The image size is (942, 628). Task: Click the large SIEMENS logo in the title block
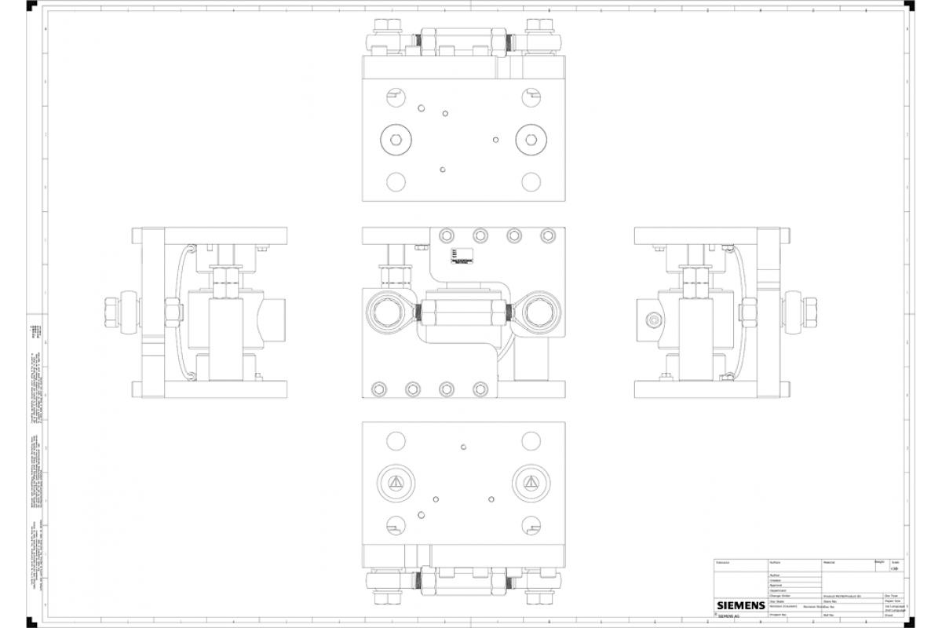click(740, 605)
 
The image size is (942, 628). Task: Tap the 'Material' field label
click(829, 563)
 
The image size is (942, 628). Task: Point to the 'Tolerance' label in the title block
click(724, 563)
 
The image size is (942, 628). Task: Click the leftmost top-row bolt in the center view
click(447, 235)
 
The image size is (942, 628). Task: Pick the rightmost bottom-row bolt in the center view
click(480, 389)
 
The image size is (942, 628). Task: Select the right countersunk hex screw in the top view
click(531, 141)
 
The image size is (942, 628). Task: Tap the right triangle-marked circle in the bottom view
click(531, 482)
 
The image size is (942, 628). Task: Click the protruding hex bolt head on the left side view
click(111, 312)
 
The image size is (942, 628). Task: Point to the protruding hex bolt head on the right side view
click(809, 312)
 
